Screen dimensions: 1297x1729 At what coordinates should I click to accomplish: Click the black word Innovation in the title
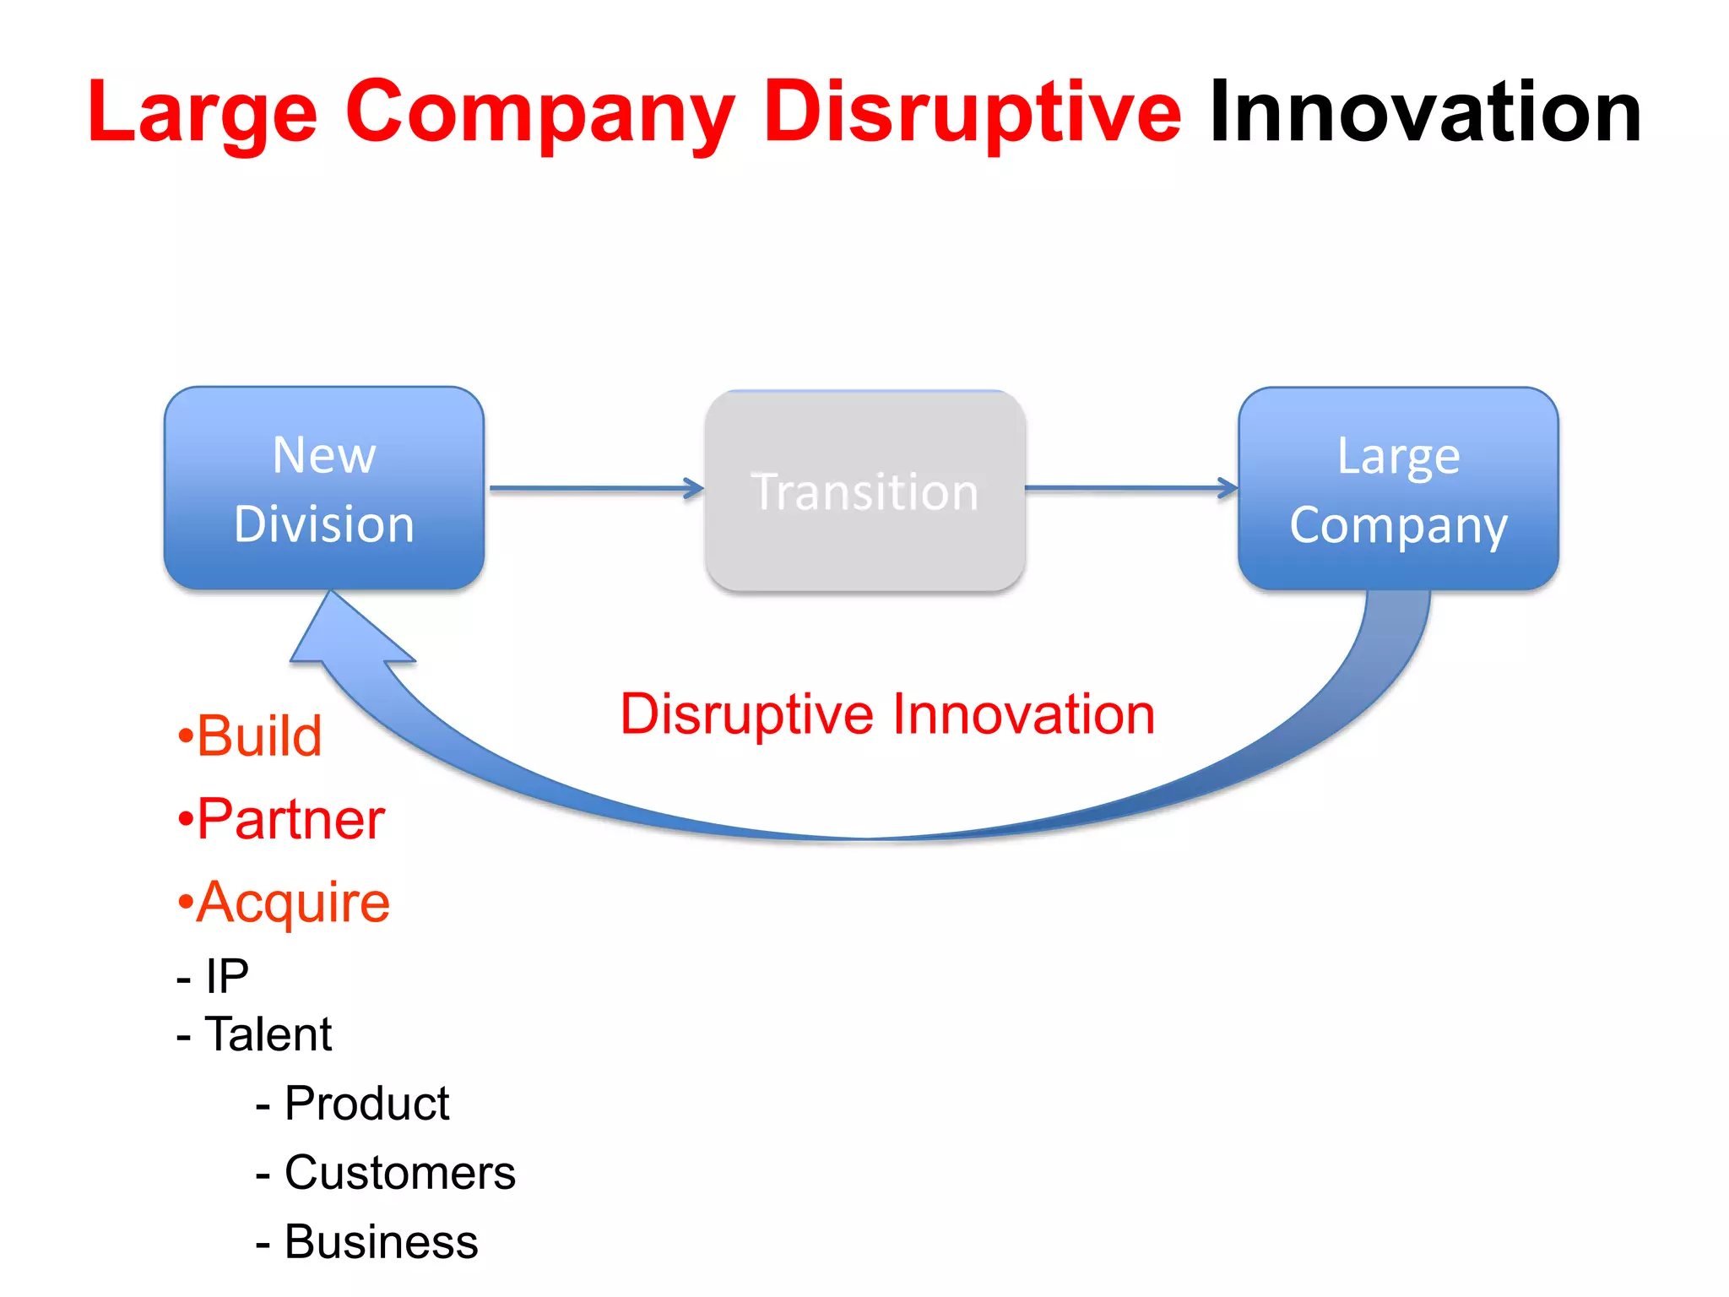(x=1425, y=111)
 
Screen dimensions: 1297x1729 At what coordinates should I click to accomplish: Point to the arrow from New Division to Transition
(x=595, y=488)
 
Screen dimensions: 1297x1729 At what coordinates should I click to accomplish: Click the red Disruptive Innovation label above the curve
(x=886, y=714)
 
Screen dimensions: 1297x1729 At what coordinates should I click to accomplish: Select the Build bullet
(x=250, y=736)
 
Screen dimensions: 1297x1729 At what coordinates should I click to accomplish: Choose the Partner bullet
(x=281, y=819)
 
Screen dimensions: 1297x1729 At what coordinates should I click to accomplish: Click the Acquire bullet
(x=284, y=903)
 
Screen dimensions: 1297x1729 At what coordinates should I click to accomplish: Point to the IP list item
(x=214, y=977)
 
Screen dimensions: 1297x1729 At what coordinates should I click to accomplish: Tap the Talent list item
(x=254, y=1034)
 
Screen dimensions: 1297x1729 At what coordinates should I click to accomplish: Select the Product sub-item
(x=353, y=1104)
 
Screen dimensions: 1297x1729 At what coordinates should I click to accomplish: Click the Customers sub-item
(x=386, y=1173)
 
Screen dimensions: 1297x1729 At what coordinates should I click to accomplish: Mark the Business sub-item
(x=367, y=1242)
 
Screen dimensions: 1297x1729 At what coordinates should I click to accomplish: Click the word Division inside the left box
(x=324, y=524)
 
